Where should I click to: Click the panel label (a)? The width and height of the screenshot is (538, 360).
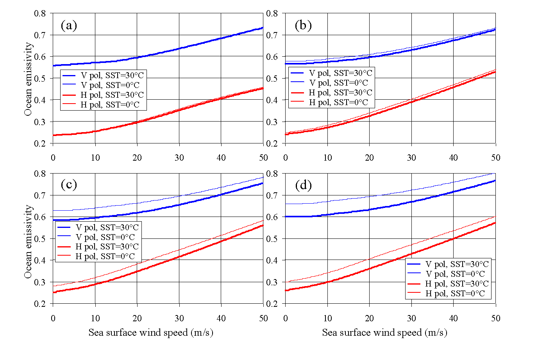[x=69, y=25]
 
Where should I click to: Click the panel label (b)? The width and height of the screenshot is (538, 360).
[x=303, y=25]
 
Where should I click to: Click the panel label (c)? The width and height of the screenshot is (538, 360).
[x=69, y=184]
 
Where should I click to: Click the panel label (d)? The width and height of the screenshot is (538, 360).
[x=303, y=185]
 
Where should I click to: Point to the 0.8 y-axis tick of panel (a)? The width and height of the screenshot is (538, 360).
[x=40, y=13]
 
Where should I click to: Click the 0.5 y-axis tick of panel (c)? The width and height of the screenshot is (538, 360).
[x=40, y=238]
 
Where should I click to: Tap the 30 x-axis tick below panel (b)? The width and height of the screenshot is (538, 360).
[x=411, y=158]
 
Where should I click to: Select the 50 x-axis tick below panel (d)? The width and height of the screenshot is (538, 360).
[x=495, y=318]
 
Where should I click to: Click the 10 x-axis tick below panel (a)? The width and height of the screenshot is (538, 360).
[x=95, y=158]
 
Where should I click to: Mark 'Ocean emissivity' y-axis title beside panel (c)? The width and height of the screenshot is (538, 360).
[x=28, y=242]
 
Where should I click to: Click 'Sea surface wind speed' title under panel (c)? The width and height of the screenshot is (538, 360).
[x=151, y=333]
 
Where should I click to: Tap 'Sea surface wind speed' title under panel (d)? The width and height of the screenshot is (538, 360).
[x=384, y=333]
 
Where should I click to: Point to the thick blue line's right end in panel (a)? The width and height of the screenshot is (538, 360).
[x=263, y=28]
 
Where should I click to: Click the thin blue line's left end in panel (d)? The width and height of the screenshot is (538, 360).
[x=286, y=204]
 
